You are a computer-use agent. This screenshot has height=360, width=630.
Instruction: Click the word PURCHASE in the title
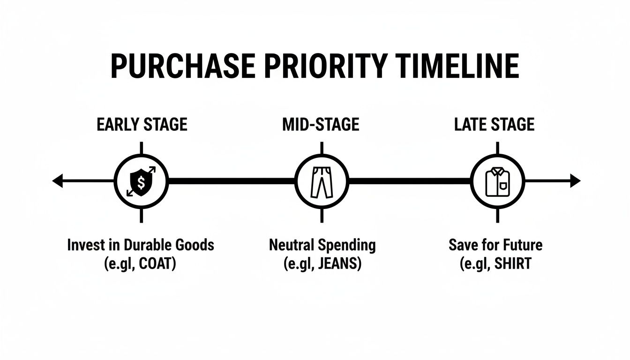(183, 66)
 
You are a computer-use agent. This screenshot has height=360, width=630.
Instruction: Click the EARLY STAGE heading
(142, 125)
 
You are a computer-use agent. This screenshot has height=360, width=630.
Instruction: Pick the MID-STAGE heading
(321, 125)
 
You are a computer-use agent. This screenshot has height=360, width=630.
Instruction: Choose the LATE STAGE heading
(495, 125)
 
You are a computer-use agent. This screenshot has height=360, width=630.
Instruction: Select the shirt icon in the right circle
(497, 182)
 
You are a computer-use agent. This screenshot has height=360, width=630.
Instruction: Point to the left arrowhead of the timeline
(57, 181)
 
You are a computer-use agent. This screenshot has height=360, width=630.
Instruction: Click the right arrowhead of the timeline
(575, 181)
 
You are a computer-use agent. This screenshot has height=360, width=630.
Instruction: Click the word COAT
(157, 263)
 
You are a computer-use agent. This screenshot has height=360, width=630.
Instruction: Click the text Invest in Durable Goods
(141, 245)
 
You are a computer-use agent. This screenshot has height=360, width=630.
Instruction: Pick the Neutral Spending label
(322, 245)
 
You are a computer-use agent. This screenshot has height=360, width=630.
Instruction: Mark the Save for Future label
(495, 245)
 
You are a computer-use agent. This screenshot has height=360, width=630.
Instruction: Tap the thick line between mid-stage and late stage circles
(409, 181)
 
